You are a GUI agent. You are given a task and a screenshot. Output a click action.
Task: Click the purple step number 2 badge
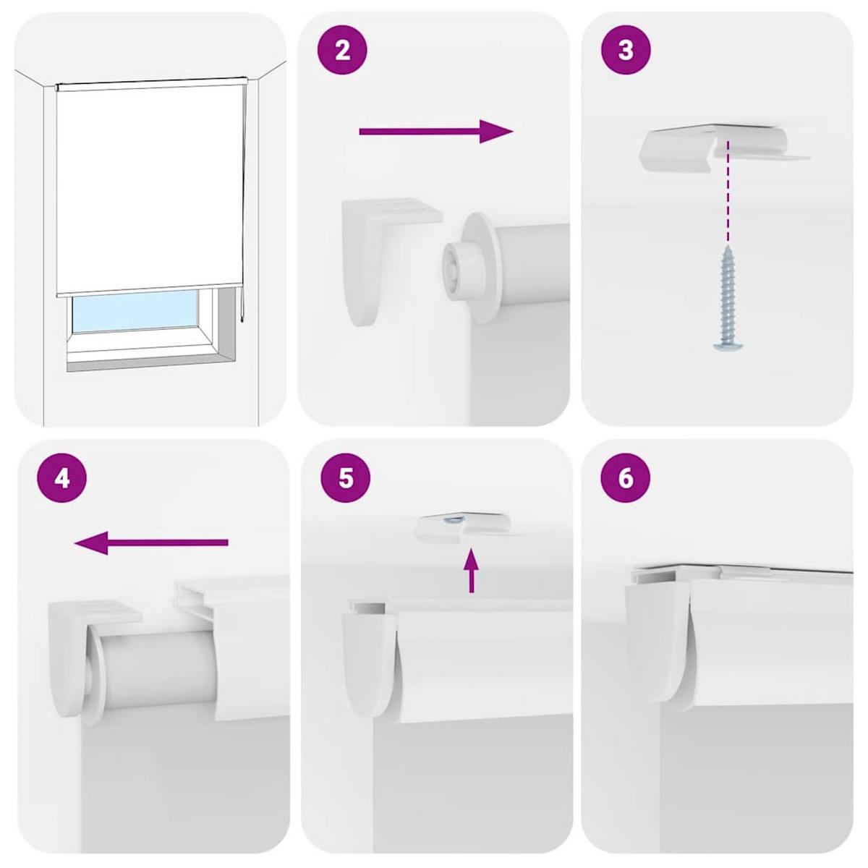343,51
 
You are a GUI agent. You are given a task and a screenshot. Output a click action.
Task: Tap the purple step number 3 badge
626,51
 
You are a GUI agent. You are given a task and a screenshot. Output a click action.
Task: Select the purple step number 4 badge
61,478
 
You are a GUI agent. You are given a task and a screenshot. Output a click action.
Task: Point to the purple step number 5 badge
345,478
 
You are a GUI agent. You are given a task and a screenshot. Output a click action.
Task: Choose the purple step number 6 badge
626,478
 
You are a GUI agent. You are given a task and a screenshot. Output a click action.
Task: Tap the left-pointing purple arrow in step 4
152,542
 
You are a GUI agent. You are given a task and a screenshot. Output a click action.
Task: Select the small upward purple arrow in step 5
471,571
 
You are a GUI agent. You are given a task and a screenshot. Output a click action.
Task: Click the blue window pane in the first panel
135,312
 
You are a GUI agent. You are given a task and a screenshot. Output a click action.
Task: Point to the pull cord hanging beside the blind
244,203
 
